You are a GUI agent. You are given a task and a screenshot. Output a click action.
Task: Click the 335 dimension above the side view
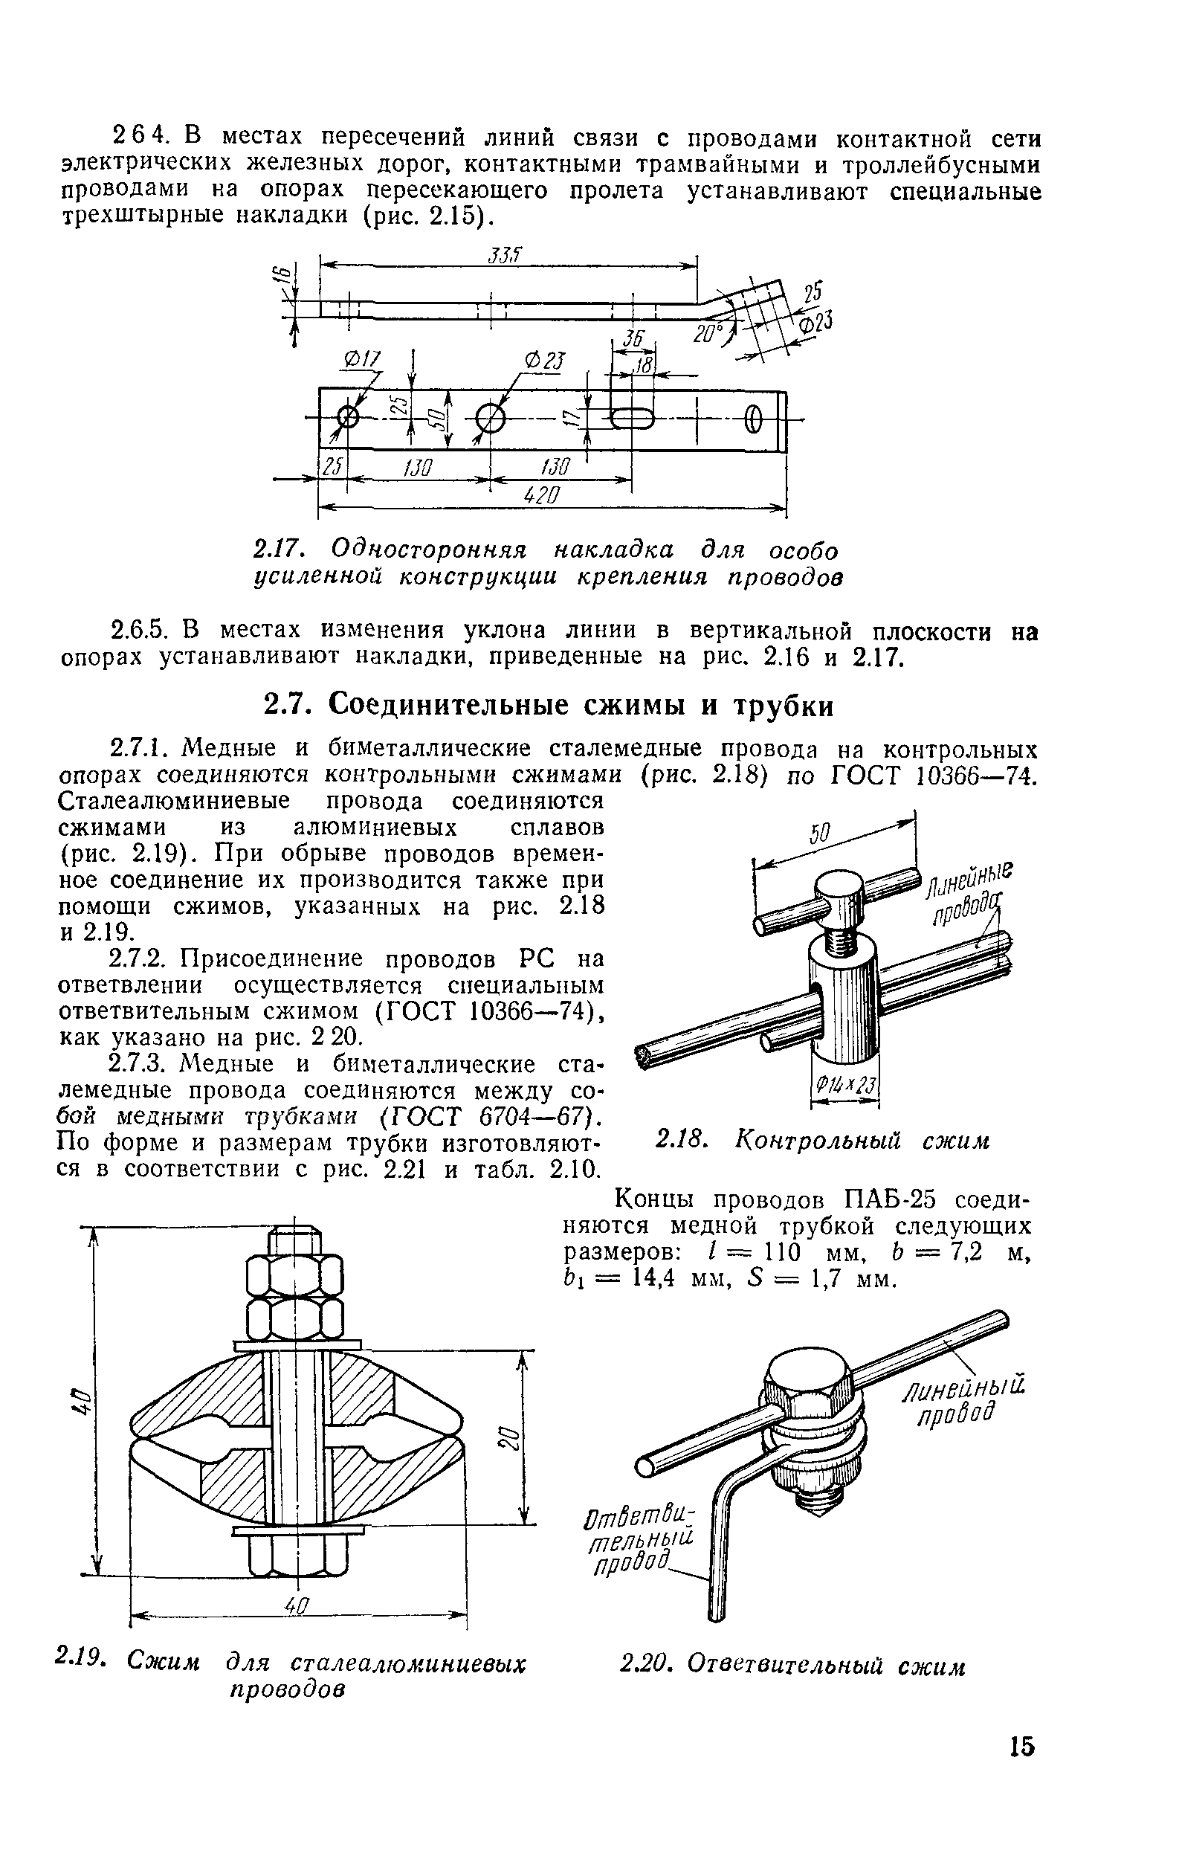click(505, 255)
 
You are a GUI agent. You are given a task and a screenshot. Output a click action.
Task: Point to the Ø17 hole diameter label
click(362, 359)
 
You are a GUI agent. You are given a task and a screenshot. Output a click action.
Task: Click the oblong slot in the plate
click(633, 419)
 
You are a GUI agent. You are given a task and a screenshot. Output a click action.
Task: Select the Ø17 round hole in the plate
click(349, 418)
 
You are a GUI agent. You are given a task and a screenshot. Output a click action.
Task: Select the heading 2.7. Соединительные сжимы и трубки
click(549, 705)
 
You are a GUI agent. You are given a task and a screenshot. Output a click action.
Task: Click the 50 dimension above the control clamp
click(820, 834)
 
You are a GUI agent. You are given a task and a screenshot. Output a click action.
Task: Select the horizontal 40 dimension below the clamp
click(297, 1606)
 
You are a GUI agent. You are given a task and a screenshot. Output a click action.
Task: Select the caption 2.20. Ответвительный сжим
click(793, 1666)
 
